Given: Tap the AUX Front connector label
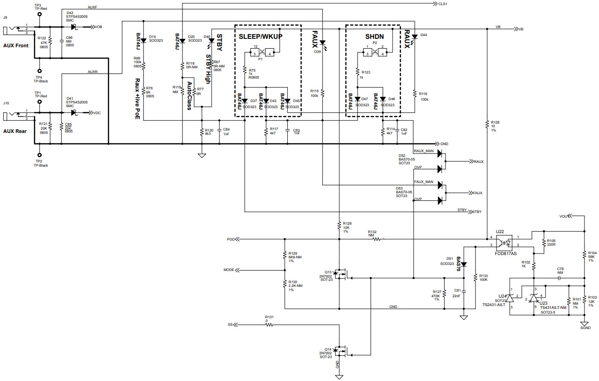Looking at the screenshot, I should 15,45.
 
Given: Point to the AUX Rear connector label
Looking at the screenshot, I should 15,131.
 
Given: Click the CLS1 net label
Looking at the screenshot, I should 442,4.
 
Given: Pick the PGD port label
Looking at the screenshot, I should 231,239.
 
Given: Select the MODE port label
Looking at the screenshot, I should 229,270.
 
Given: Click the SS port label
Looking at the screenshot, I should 230,324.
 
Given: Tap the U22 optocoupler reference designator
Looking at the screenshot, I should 499,232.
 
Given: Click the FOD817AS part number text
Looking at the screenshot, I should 505,253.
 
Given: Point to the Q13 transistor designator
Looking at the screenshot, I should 328,272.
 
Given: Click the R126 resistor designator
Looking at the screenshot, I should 496,122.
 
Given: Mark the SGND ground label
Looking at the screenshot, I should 585,328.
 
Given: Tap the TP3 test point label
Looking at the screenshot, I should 37,5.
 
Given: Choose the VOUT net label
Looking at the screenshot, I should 564,216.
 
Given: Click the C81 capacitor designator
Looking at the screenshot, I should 457,290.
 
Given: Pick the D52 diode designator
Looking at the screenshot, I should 402,155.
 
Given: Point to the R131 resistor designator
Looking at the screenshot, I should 269,317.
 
